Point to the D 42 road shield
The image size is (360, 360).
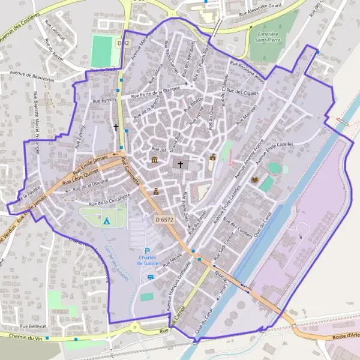click(124, 43)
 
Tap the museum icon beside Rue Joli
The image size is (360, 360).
click(155, 160)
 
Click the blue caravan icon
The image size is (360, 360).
click(150, 277)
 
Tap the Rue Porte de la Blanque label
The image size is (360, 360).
click(158, 91)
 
